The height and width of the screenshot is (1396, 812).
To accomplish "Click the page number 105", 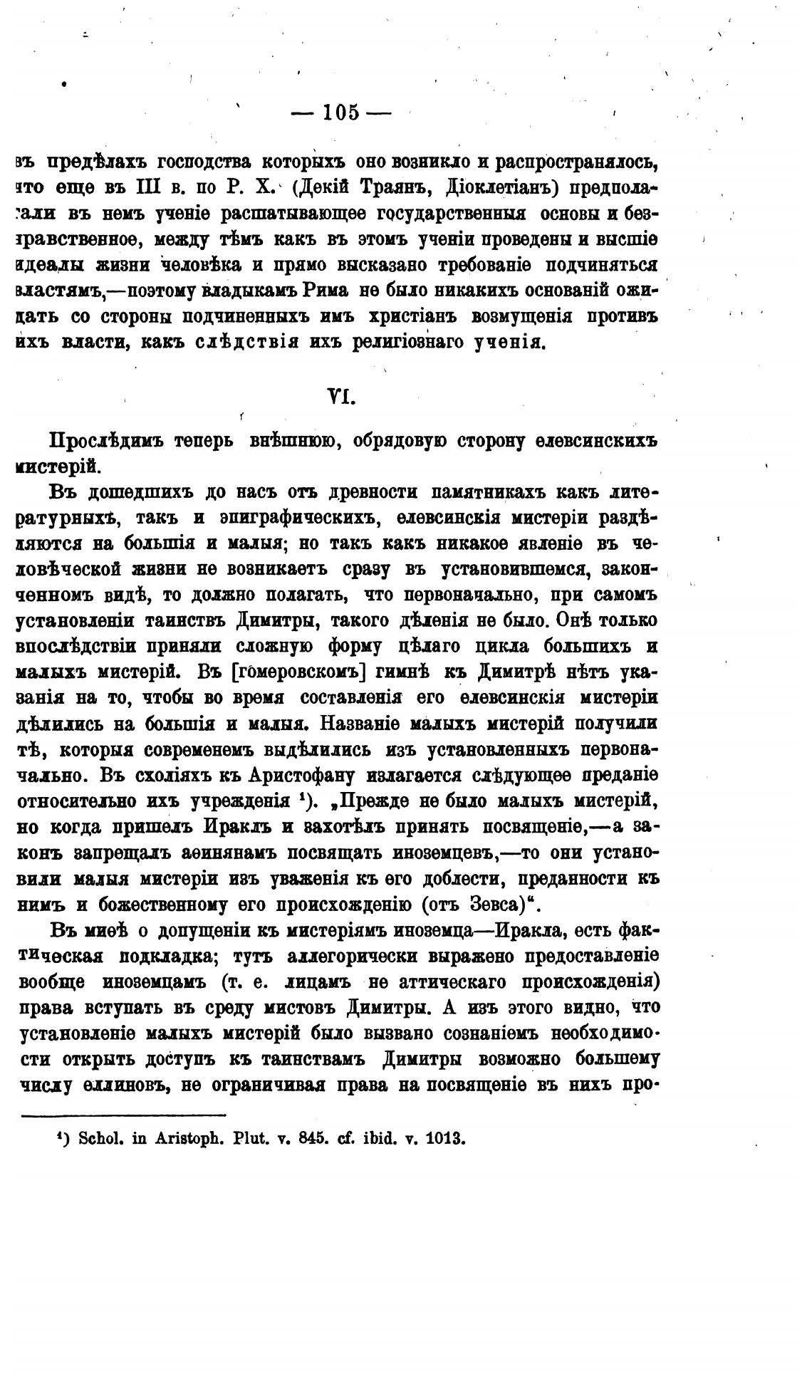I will pos(341,113).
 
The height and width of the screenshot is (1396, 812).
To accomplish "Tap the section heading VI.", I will pos(340,396).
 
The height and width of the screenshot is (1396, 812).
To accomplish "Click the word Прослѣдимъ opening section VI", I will pos(105,441).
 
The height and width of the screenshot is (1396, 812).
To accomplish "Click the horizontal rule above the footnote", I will pos(124,1115).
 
